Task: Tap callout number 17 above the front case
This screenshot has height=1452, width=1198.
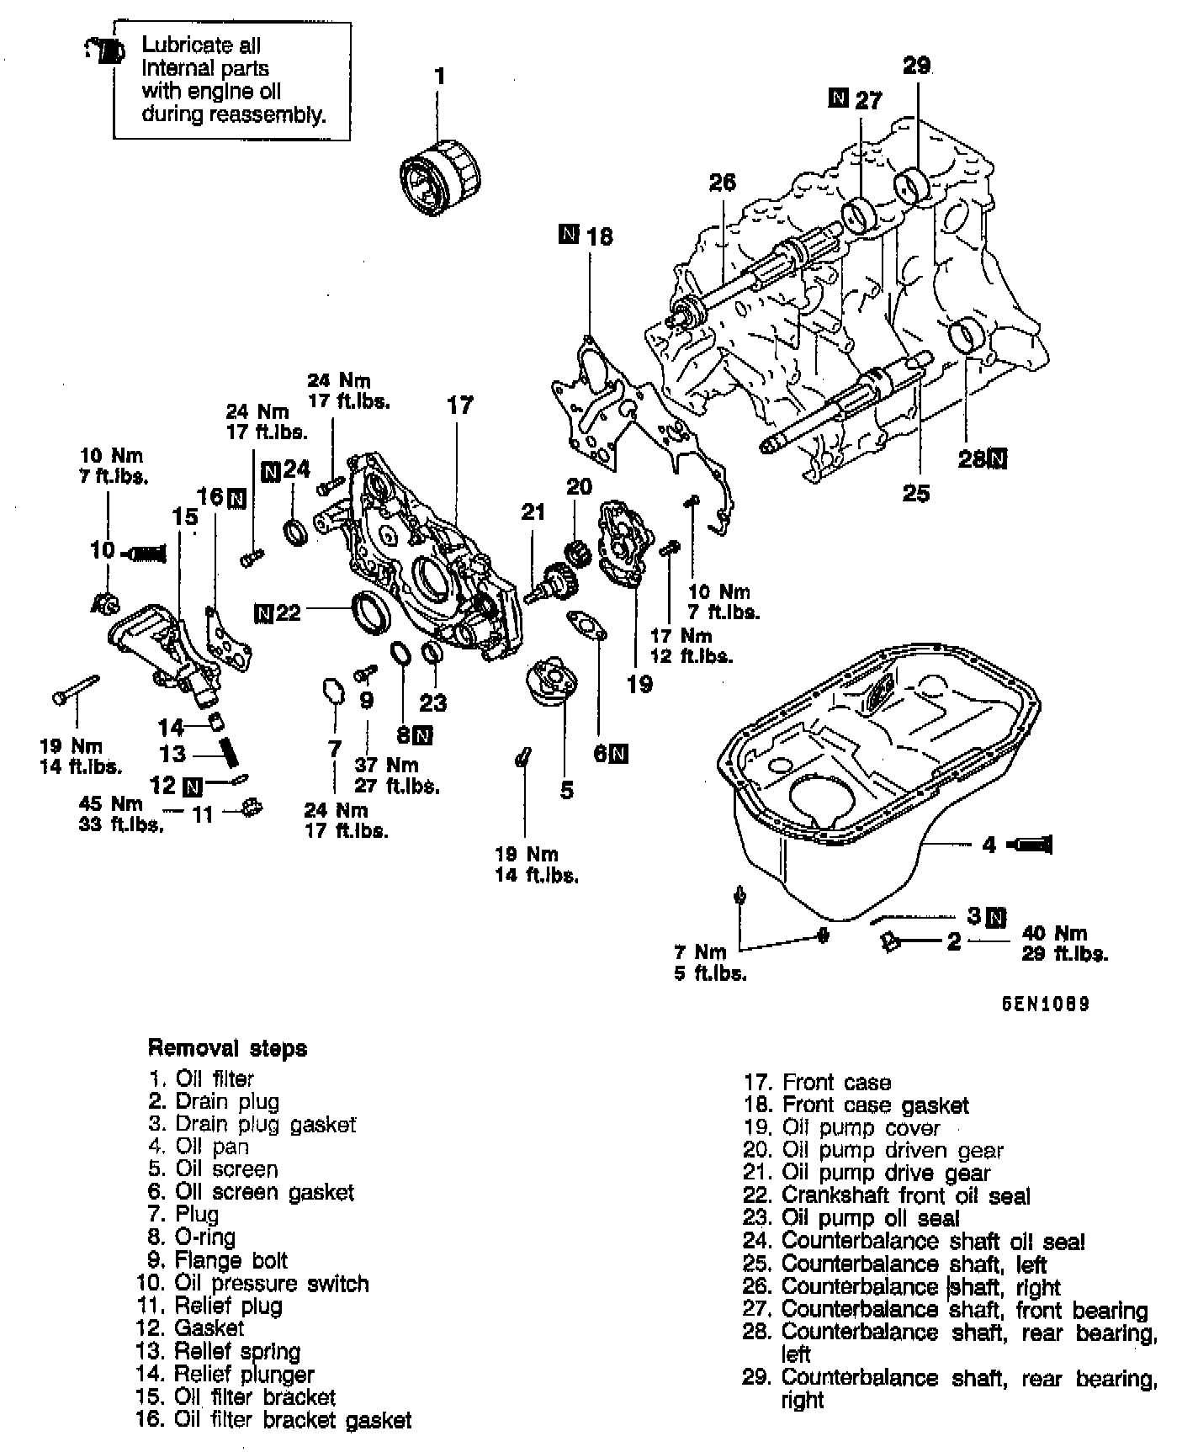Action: point(459,405)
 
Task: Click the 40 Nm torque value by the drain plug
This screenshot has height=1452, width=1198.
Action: point(1054,933)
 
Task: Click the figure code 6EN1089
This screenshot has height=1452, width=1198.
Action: point(1045,1004)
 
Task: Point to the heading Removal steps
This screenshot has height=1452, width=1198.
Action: point(227,1049)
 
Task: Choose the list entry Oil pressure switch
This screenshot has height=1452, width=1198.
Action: point(271,1284)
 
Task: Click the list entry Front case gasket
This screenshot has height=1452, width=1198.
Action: point(875,1105)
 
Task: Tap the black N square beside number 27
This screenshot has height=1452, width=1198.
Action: point(838,98)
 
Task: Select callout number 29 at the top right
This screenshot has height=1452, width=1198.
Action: point(916,66)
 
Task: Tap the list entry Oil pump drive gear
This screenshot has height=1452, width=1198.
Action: point(885,1174)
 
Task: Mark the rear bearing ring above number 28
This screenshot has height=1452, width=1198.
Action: point(965,336)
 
